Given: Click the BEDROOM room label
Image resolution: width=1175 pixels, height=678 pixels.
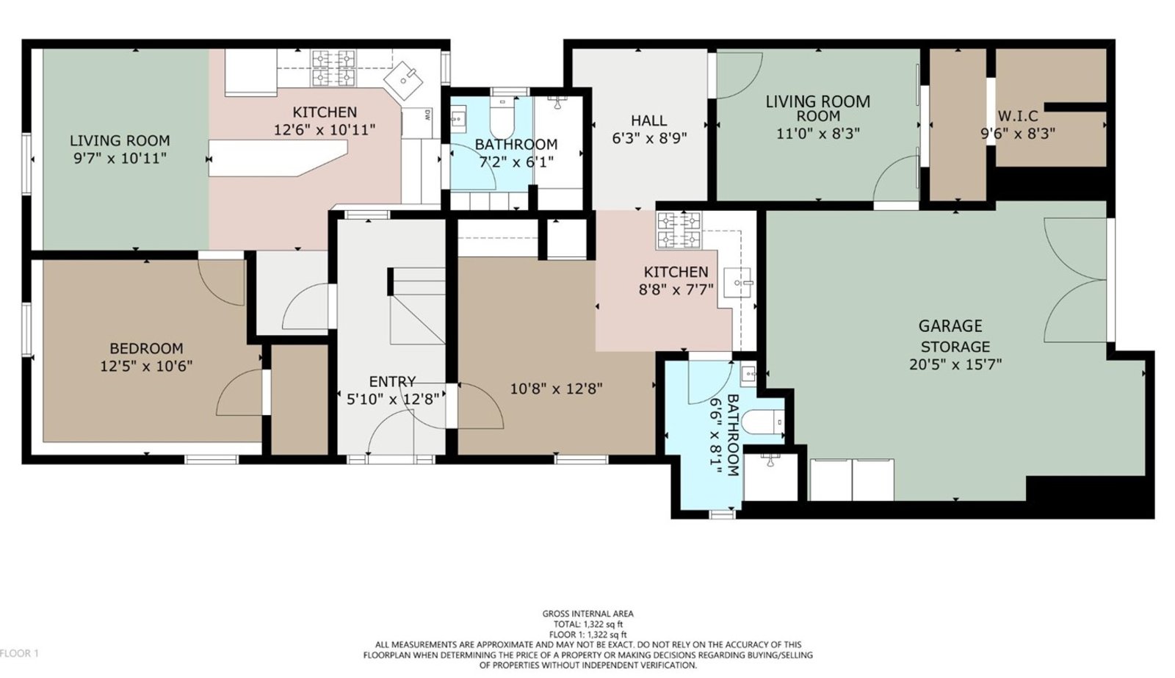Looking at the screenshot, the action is [146, 348].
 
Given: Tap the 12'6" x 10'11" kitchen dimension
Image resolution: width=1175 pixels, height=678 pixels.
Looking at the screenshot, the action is [325, 129].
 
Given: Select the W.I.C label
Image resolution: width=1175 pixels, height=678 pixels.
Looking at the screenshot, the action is [1018, 115].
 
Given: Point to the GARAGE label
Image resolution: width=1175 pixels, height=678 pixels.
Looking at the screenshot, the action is [950, 326].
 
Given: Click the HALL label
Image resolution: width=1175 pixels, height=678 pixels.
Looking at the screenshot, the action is [649, 120].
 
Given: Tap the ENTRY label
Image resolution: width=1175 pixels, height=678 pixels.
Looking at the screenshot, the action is [392, 381].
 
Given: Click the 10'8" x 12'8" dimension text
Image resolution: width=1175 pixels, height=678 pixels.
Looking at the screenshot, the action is [556, 389].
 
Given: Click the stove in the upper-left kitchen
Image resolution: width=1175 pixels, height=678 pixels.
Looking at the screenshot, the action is [333, 68].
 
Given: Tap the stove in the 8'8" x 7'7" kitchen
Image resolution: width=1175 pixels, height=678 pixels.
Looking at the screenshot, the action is [679, 230].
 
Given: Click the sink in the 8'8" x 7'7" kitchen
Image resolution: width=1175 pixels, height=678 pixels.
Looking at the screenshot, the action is [738, 283].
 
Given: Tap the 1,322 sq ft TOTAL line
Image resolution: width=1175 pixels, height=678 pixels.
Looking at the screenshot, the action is [588, 624].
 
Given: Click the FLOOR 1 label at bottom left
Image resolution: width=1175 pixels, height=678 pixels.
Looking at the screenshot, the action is [19, 653].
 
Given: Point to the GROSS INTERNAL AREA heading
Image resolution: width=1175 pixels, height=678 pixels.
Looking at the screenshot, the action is [588, 613].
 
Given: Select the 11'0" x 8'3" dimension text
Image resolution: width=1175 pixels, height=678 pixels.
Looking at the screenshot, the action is [818, 134].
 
